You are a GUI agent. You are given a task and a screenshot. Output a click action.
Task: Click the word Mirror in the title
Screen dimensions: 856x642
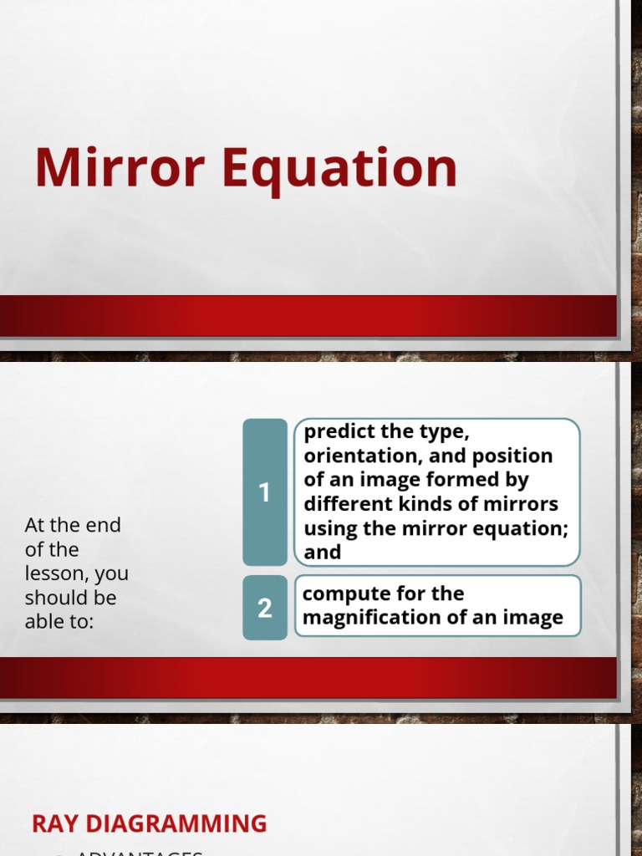coord(120,167)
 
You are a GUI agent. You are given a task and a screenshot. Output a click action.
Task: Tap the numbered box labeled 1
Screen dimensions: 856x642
coord(264,492)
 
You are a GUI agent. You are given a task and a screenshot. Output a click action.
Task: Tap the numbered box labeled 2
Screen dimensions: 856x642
coord(264,608)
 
